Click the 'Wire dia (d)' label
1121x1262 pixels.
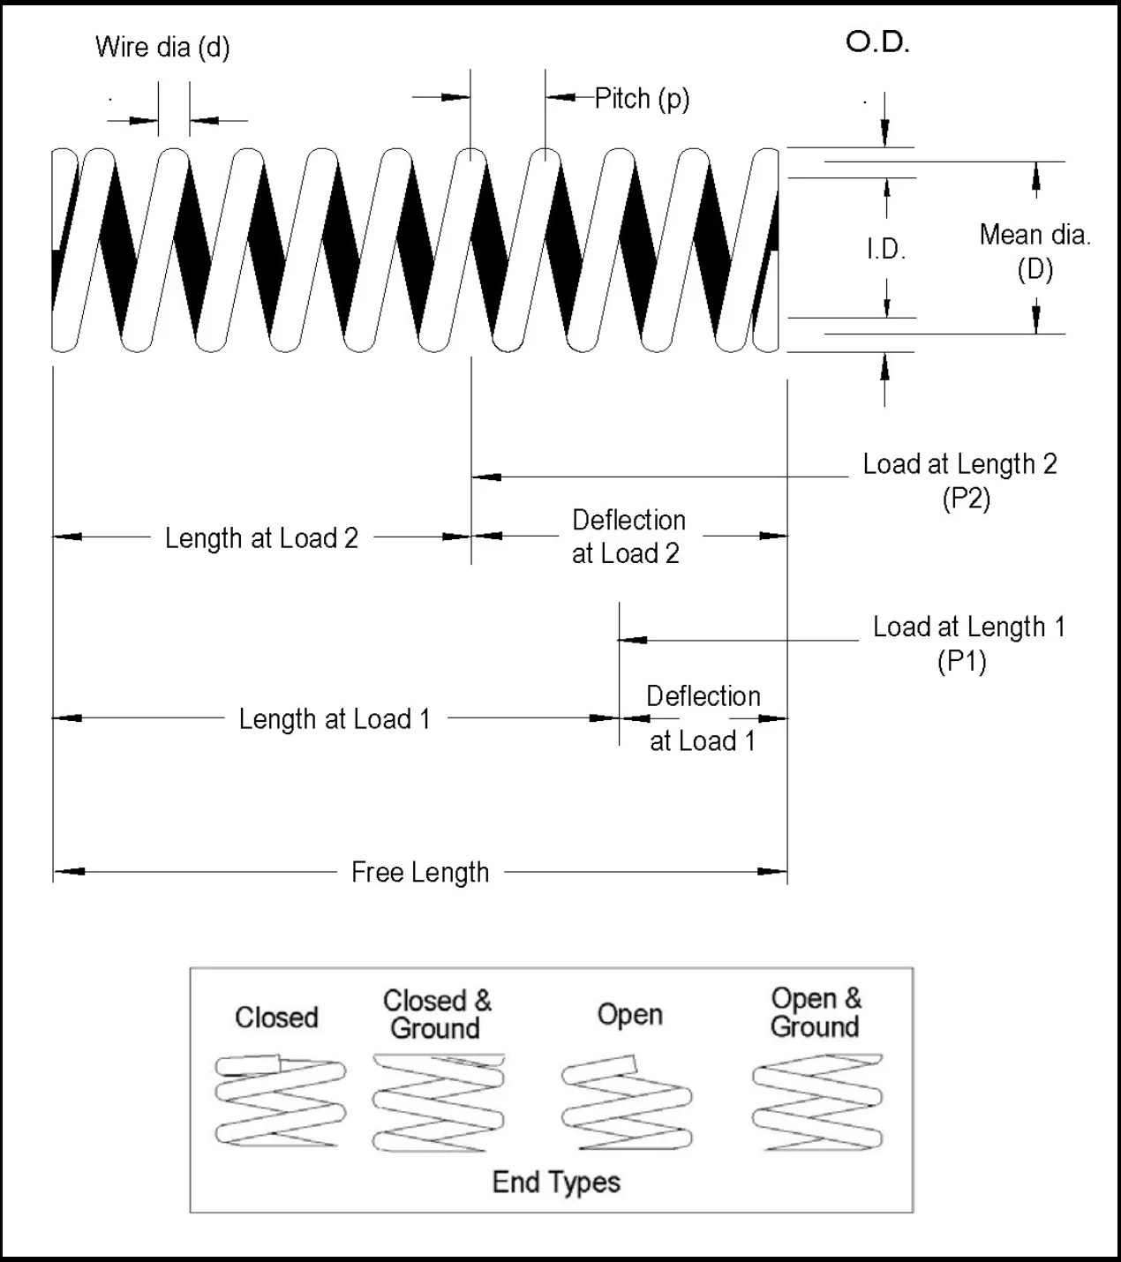[162, 48]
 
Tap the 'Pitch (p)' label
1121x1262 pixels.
[643, 99]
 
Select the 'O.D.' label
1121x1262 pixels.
[878, 42]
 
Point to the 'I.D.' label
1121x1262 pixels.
[886, 249]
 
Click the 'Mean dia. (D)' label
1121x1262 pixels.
[1035, 252]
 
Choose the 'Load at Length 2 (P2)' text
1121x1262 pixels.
[960, 480]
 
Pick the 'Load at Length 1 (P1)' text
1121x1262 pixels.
[968, 643]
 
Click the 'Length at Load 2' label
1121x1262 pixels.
[261, 537]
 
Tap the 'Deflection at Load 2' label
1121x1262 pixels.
[628, 537]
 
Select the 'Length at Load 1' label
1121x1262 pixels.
[335, 719]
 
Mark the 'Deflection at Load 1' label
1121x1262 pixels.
[703, 718]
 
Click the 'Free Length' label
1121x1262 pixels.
[420, 872]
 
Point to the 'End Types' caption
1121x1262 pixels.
[556, 1182]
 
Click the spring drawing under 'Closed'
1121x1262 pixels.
[281, 1100]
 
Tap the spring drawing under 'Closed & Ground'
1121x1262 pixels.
[439, 1102]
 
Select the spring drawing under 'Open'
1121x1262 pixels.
[627, 1102]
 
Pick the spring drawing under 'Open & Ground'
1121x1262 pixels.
[817, 1102]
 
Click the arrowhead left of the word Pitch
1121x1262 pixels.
[560, 97]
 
